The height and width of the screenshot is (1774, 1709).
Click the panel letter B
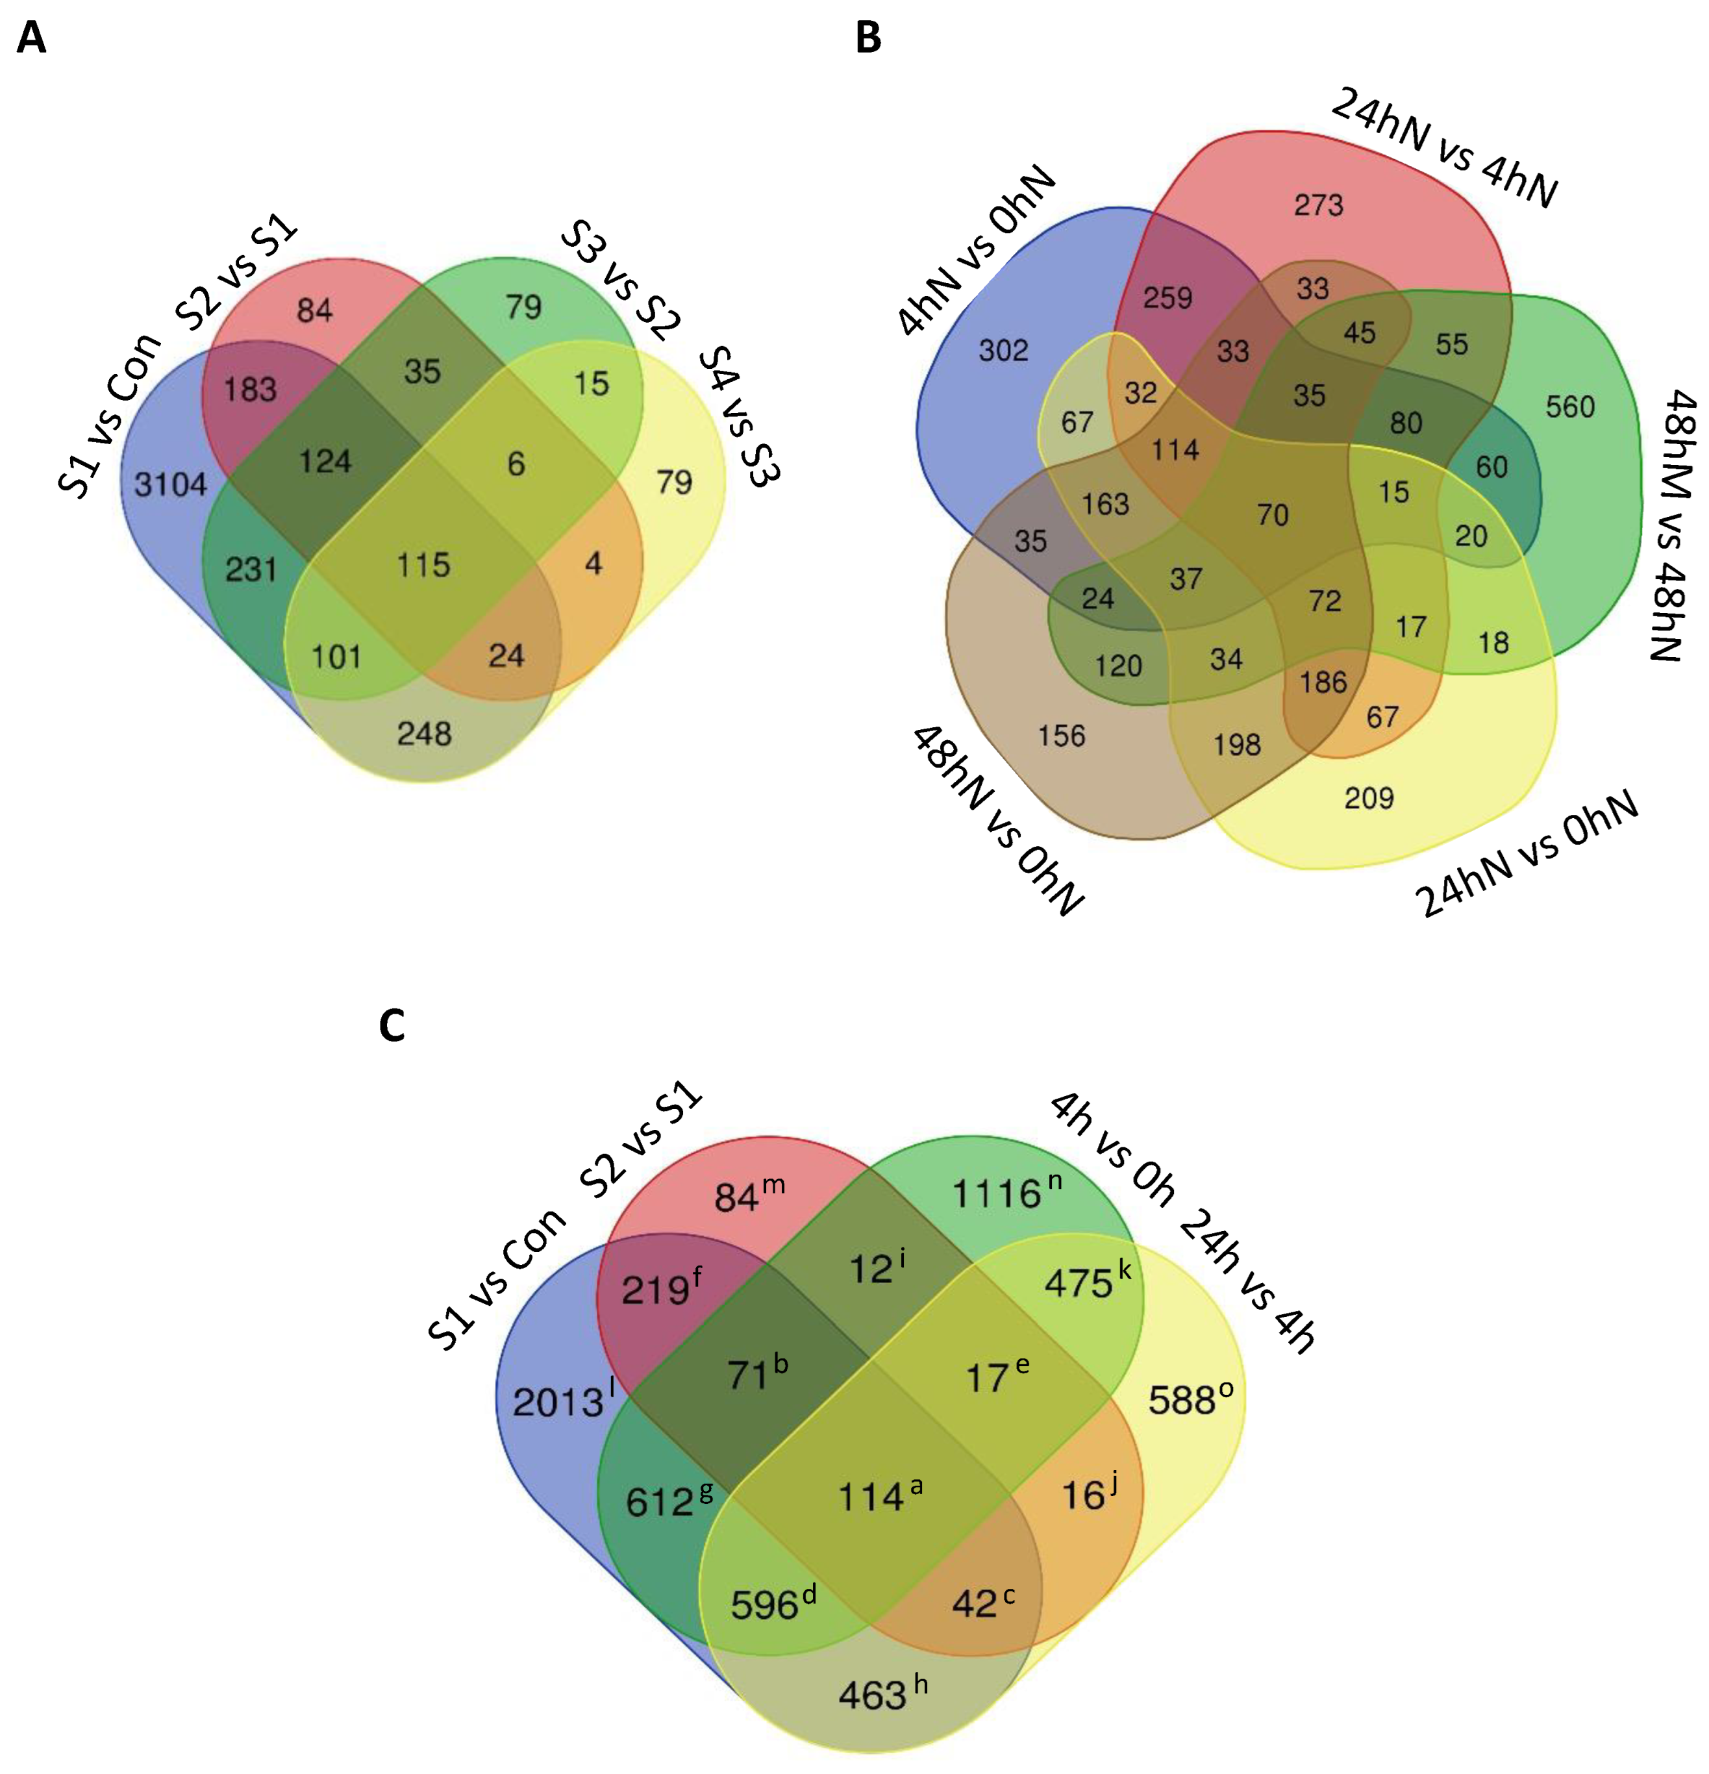click(867, 38)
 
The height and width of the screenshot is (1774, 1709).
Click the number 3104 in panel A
click(170, 484)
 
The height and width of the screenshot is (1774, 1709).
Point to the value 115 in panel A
click(423, 565)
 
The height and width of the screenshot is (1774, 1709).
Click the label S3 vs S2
click(620, 280)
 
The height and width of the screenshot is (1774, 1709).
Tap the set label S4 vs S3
click(740, 416)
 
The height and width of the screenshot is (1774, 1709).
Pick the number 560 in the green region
click(1569, 406)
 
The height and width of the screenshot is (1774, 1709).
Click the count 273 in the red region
click(1318, 205)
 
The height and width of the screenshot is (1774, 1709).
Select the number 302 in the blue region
click(1003, 350)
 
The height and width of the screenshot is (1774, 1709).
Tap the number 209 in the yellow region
click(1369, 797)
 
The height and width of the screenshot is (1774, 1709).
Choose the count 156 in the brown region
click(1061, 735)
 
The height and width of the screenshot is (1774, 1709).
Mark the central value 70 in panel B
click(1273, 515)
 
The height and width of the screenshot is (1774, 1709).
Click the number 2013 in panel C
click(558, 1402)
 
